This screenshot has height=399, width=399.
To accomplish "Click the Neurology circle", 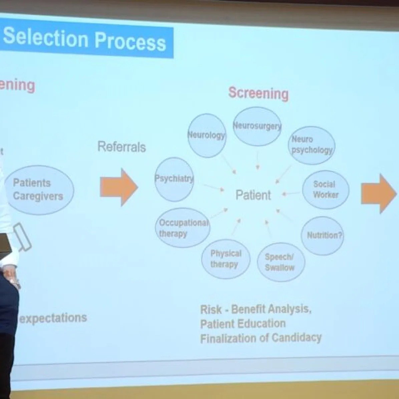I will pyautogui.click(x=207, y=135).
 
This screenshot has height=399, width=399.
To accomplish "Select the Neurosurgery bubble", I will pyautogui.click(x=257, y=126).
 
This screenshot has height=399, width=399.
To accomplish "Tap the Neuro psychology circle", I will pyautogui.click(x=312, y=145).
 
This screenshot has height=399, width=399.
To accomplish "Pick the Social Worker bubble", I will pyautogui.click(x=326, y=189).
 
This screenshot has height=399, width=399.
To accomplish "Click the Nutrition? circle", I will pyautogui.click(x=323, y=236).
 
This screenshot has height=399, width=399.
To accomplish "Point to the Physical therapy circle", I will pyautogui.click(x=226, y=259).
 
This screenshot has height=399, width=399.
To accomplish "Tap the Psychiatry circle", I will pyautogui.click(x=174, y=179).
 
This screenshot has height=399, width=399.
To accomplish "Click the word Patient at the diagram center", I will pyautogui.click(x=253, y=195).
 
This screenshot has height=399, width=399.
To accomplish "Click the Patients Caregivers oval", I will pyautogui.click(x=39, y=189).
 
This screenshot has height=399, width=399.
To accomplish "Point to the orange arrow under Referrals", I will pyautogui.click(x=119, y=187).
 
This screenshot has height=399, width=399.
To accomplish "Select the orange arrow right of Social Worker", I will pyautogui.click(x=379, y=193).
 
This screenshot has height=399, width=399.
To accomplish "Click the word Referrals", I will pyautogui.click(x=122, y=147).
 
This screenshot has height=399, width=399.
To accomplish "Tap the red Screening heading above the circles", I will pyautogui.click(x=258, y=93).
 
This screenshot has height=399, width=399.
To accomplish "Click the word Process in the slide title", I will pyautogui.click(x=130, y=41).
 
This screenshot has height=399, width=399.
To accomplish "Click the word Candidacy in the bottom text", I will pyautogui.click(x=297, y=337).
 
